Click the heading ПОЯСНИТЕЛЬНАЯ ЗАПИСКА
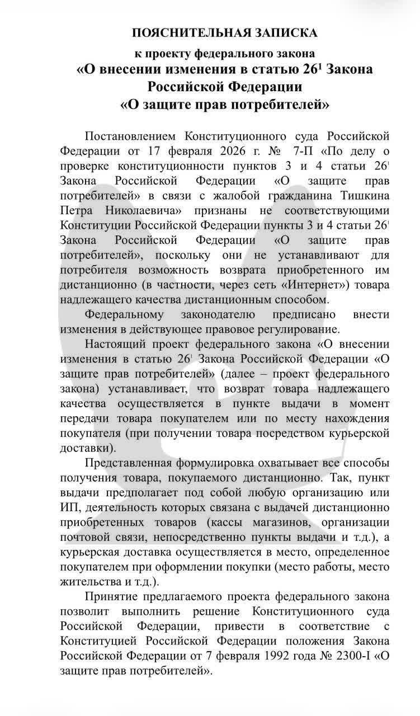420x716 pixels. (224, 33)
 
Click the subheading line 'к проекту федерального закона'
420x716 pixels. (224, 54)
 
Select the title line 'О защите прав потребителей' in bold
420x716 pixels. (224, 104)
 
